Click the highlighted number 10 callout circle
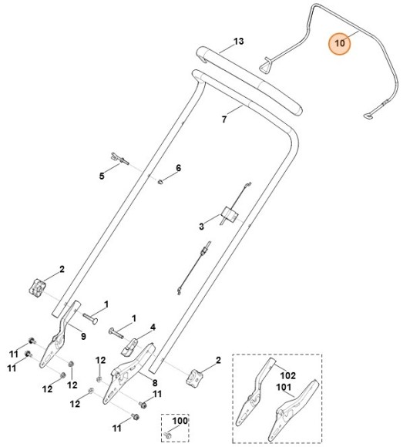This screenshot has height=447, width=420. (x=340, y=45)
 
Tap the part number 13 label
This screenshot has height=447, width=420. (x=238, y=40)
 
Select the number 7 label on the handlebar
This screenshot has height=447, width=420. (x=224, y=119)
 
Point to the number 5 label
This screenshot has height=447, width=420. (x=101, y=176)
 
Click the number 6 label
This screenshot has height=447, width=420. (x=178, y=168)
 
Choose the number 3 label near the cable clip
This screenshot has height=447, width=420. (x=201, y=227)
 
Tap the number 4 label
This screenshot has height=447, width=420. (x=153, y=327)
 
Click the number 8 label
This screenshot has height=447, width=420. (x=155, y=382)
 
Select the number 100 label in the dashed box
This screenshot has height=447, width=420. (x=180, y=421)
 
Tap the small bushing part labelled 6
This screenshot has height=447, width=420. (x=161, y=183)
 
